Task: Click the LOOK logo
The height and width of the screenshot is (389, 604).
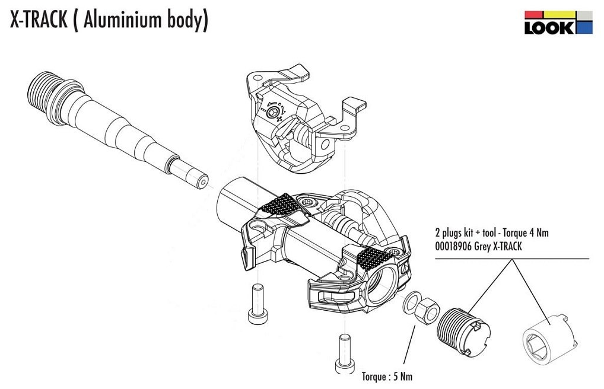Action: (558, 22)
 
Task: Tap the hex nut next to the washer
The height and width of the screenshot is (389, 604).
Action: (426, 310)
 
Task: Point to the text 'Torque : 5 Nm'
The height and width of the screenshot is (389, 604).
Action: (386, 377)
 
